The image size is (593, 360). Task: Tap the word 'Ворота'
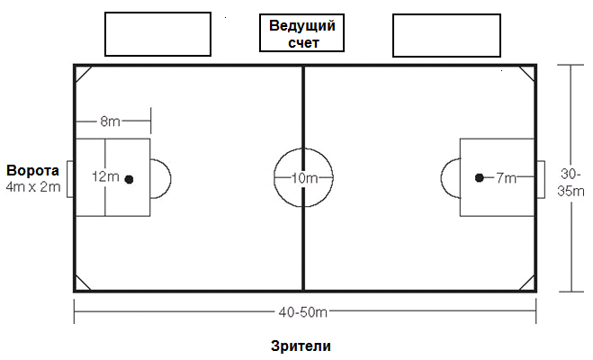(x=33, y=170)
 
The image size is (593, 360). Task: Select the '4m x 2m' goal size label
(x=33, y=187)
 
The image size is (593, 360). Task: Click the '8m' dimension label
(x=110, y=121)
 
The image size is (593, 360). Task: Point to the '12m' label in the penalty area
(x=106, y=176)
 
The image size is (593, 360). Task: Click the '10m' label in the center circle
(x=304, y=177)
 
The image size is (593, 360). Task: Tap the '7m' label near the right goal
(x=506, y=177)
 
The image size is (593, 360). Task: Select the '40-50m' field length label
(x=303, y=312)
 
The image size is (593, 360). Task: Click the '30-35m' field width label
(x=571, y=183)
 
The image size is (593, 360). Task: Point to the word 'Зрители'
(x=301, y=346)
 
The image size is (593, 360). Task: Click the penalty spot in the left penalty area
(x=130, y=179)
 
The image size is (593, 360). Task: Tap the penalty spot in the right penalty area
(x=480, y=177)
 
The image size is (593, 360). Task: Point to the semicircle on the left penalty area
(x=171, y=178)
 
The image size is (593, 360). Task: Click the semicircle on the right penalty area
(x=441, y=177)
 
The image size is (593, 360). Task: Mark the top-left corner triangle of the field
(x=83, y=74)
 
